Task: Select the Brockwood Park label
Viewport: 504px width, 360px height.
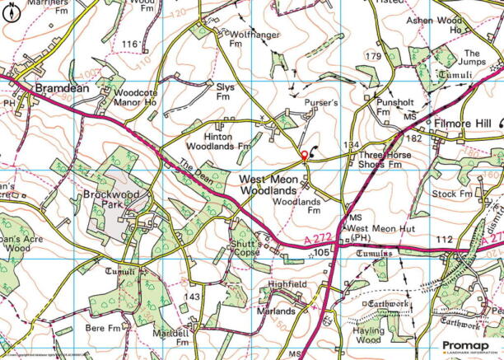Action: tap(113, 204)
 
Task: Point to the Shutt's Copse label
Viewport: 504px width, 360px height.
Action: tap(245, 248)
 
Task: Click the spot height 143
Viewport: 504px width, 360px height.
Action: tap(191, 297)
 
